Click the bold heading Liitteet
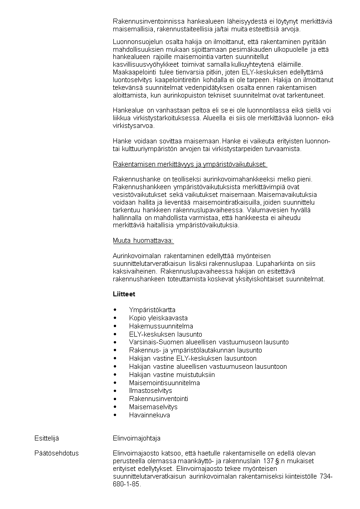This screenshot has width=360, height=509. tap(124, 294)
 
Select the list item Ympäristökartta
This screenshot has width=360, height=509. tap(152, 310)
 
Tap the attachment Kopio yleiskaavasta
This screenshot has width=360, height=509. tap(158, 318)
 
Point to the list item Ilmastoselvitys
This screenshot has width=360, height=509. tap(151, 391)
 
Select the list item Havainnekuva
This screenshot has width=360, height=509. tap(149, 415)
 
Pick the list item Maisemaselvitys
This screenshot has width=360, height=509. tap(153, 407)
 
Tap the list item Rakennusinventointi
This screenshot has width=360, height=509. tap(159, 399)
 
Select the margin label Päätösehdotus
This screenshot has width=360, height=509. tap(57, 453)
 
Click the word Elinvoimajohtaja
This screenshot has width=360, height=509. tap(136, 439)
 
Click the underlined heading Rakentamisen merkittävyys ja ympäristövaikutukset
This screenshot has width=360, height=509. tap(190, 164)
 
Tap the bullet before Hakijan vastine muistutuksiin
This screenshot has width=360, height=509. tap(115, 375)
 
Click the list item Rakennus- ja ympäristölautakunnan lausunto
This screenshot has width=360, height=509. tap(195, 350)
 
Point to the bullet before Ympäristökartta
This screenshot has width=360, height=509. tap(115, 310)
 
